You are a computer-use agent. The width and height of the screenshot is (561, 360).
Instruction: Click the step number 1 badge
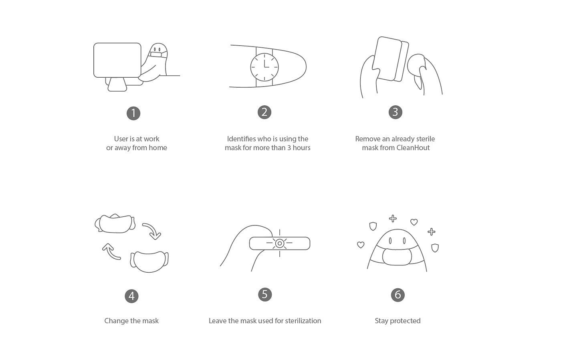coord(133,113)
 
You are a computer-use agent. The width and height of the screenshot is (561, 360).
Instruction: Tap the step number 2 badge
coord(264,112)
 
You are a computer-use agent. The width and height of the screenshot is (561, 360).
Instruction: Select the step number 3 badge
coord(396,112)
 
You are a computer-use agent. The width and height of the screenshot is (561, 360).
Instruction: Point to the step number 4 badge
coord(131,296)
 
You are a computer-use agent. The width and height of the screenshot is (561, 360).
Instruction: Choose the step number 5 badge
coord(265,294)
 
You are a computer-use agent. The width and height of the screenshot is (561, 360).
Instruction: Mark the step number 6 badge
coord(398,295)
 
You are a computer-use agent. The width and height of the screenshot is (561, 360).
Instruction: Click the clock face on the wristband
coord(264,67)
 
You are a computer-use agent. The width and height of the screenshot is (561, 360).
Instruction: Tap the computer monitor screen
coord(117,60)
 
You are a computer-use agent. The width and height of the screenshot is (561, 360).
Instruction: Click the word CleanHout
coord(413,148)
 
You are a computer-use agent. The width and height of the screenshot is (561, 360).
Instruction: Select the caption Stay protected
coord(398,321)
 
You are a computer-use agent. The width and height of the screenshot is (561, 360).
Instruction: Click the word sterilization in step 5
coord(303,321)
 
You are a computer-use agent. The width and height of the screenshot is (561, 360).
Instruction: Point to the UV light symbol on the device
coord(280,243)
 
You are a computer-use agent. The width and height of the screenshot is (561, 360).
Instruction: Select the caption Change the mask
coord(131,321)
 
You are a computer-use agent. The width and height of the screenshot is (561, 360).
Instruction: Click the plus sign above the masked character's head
coord(393,219)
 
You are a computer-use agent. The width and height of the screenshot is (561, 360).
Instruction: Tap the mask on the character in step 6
coord(397,256)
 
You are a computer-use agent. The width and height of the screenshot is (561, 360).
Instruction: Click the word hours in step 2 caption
coord(301,148)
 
